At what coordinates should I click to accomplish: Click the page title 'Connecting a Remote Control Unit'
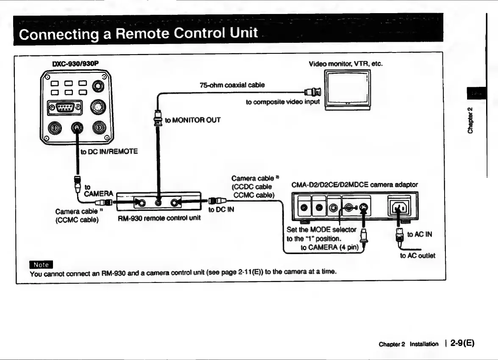(139, 33)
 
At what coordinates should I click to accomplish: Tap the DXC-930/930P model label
(75, 64)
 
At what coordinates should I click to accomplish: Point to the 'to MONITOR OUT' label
(193, 120)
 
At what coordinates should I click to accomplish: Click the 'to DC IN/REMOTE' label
(109, 151)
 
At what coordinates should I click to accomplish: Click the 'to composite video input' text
(283, 102)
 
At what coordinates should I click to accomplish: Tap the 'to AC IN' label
(419, 234)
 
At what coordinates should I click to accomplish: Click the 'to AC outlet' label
(417, 255)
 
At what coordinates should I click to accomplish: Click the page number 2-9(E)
(462, 343)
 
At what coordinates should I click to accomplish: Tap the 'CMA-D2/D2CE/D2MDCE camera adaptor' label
(355, 185)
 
